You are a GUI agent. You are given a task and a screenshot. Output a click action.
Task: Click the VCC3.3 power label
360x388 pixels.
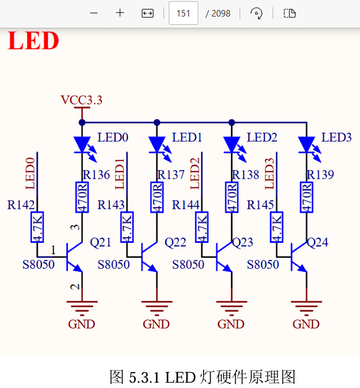[x=81, y=100]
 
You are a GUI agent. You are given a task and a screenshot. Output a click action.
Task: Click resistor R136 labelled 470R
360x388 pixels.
[x=82, y=197]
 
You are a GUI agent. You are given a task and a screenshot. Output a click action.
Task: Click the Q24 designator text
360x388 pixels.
[x=318, y=242]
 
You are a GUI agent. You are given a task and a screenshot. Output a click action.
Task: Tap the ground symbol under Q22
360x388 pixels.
[x=157, y=306]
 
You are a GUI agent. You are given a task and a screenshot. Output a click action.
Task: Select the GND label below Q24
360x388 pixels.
[x=306, y=324]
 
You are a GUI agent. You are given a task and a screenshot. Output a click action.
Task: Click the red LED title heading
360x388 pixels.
[x=34, y=41]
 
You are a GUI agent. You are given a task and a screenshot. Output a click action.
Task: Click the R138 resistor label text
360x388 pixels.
[x=246, y=175]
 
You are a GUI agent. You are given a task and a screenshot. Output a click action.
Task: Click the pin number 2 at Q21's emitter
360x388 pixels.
[x=74, y=287]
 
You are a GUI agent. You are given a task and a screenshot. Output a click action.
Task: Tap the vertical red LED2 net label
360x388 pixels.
[x=195, y=172]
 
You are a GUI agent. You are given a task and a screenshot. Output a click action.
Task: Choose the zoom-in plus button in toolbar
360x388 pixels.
[x=120, y=13]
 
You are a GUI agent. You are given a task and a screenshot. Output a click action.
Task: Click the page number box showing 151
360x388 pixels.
[x=183, y=13]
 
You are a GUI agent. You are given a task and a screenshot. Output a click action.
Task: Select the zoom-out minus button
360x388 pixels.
[x=94, y=13]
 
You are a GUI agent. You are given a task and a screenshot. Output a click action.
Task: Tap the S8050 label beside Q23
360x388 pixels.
[x=188, y=265]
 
